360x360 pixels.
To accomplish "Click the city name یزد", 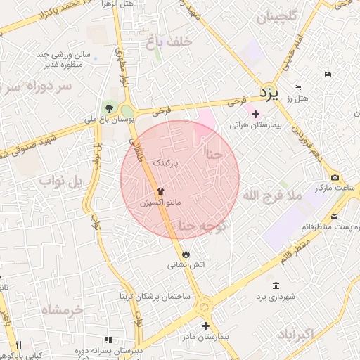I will coord(269,92).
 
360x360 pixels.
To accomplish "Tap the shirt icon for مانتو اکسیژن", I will coord(160,190).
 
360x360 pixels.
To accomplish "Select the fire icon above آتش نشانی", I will coord(185,253).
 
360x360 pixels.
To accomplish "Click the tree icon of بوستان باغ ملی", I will coord(109,108).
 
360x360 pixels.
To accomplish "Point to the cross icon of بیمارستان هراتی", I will coord(255,113).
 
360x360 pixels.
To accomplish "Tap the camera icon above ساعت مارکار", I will coord(335,176).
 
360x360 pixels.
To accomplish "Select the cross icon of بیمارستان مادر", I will coord(205,326).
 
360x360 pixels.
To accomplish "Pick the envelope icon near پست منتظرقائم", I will coord(335,215).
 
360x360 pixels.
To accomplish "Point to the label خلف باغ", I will coord(169,42).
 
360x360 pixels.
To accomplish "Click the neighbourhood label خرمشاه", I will coord(62,309).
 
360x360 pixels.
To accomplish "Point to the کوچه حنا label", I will coord(201,225).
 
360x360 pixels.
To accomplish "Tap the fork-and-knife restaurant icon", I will coord(19,345).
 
